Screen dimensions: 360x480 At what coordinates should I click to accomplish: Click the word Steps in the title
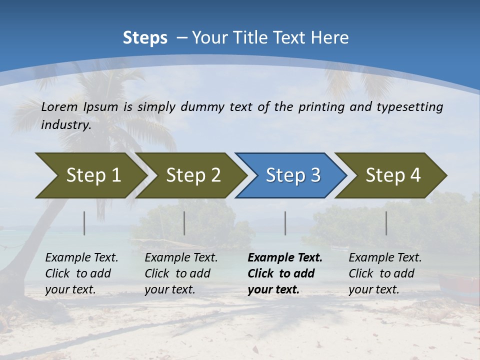tap(145, 38)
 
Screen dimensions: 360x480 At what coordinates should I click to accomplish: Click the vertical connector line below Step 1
tap(84, 223)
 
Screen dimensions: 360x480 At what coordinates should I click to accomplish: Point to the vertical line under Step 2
tap(184, 223)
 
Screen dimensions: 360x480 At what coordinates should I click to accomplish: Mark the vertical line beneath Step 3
tap(285, 223)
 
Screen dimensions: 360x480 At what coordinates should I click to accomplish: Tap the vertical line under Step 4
tap(386, 223)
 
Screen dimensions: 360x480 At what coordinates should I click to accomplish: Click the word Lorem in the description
tap(59, 107)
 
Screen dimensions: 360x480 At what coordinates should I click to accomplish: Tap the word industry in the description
tap(66, 125)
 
